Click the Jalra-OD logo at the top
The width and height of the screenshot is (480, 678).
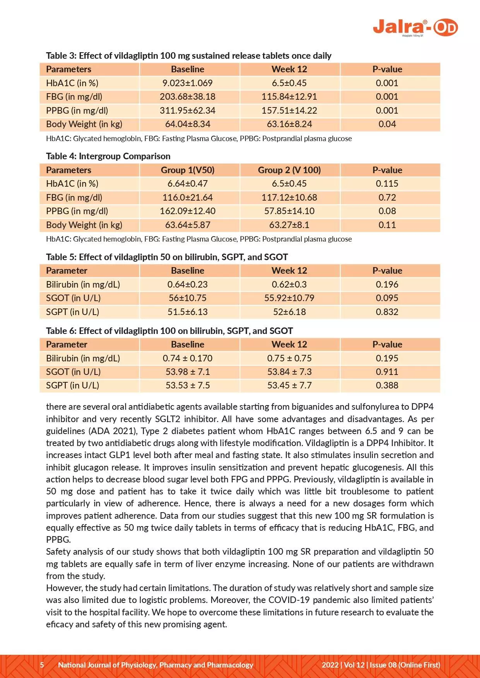click(x=415, y=28)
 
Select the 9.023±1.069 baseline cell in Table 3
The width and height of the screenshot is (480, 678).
click(x=188, y=83)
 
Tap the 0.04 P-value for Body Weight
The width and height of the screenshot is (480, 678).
click(x=387, y=124)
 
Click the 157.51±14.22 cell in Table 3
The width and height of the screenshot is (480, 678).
click(x=289, y=111)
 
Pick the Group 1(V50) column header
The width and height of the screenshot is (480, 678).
click(x=188, y=170)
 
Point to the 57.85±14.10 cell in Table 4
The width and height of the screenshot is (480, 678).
click(x=289, y=211)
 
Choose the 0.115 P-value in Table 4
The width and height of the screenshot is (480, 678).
click(x=387, y=184)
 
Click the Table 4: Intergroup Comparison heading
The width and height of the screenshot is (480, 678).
click(x=108, y=156)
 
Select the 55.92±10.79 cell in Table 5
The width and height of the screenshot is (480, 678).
click(x=289, y=298)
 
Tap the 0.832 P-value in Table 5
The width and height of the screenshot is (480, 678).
click(x=387, y=312)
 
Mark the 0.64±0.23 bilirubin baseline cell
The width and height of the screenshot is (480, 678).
click(x=188, y=284)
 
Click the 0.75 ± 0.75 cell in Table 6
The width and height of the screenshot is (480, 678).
click(x=289, y=358)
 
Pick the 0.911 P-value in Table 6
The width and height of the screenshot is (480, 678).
click(x=387, y=372)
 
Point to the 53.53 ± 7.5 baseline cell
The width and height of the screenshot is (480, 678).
click(x=188, y=385)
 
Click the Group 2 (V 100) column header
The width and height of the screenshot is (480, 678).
click(x=289, y=170)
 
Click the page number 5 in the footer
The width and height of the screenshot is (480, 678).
click(x=42, y=665)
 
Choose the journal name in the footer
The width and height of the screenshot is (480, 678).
click(x=155, y=665)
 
